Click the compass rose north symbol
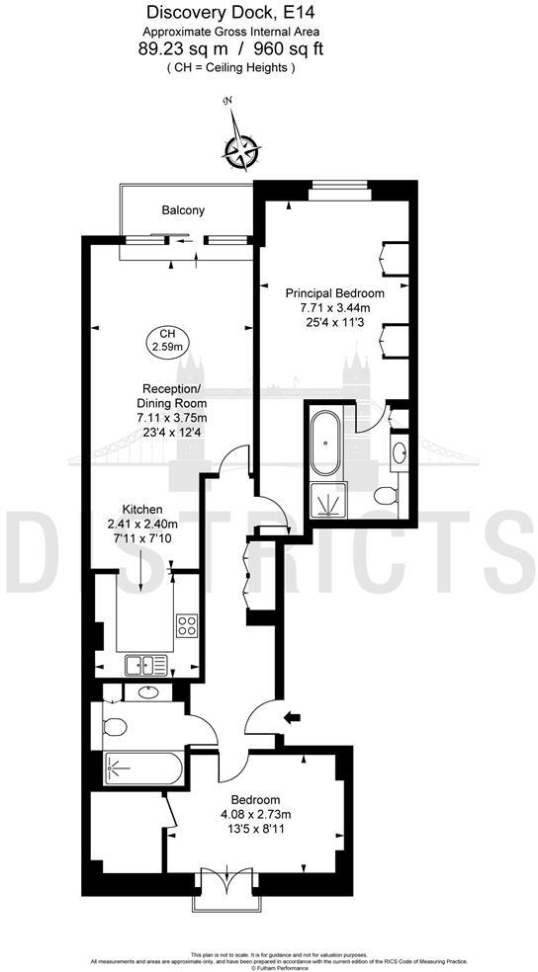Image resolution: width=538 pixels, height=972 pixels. click(240, 150)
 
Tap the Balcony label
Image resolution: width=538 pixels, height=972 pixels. click(183, 210)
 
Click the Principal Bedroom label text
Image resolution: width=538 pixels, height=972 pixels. click(334, 293)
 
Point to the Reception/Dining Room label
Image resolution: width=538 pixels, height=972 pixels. click(172, 395)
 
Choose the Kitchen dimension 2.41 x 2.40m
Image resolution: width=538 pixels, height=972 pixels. click(142, 524)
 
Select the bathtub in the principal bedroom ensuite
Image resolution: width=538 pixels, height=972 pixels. click(323, 443)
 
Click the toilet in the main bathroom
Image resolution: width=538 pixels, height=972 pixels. click(115, 729)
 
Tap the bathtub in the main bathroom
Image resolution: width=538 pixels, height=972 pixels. click(144, 769)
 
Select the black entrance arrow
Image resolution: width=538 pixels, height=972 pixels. click(292, 717)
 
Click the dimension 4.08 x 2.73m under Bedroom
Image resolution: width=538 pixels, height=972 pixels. click(255, 815)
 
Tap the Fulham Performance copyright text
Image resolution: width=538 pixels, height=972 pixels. click(269, 967)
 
